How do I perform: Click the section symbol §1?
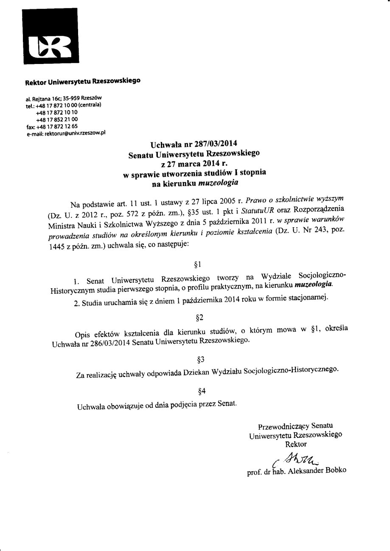[x=197, y=265]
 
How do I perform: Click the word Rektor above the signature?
[x=296, y=444]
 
